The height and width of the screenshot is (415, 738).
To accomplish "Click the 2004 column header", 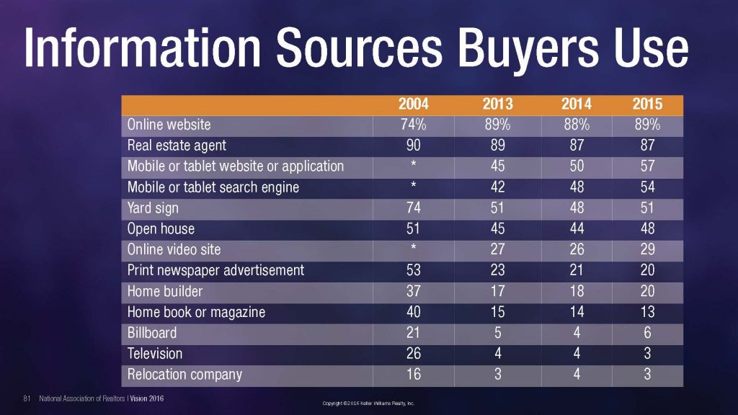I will (x=413, y=105).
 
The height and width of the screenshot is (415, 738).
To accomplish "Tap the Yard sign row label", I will (x=153, y=208).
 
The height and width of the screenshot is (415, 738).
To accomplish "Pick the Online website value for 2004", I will (x=413, y=125).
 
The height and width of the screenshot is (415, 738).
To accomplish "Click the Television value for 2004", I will (x=413, y=354).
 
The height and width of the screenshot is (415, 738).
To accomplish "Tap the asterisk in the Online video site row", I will (x=413, y=250).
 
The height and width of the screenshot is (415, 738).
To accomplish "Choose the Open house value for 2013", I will (x=497, y=229).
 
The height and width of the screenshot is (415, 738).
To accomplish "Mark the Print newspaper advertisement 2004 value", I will (x=413, y=271).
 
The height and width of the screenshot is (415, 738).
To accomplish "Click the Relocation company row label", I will (x=184, y=375).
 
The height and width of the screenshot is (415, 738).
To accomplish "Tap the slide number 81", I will (x=27, y=398).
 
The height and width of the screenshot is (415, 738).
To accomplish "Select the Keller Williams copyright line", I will (x=368, y=403).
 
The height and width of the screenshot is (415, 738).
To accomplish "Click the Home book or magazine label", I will (x=196, y=313).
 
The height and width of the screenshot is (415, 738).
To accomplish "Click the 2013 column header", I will (x=497, y=105).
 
